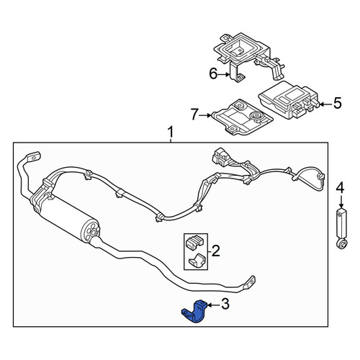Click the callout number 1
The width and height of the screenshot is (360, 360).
point(171,132)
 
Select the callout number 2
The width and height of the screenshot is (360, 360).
point(215,251)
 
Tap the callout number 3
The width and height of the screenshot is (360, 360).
point(225,304)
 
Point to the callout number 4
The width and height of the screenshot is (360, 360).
point(340,188)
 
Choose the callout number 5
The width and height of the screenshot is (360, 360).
point(337,103)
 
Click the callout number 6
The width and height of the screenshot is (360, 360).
point(213,73)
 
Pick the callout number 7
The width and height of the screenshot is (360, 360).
point(194,114)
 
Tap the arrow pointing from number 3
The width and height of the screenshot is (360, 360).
point(214,305)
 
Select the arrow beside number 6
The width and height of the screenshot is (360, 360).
point(224,75)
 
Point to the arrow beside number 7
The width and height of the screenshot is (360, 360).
point(205,115)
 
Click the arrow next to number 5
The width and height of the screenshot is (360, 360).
point(325,104)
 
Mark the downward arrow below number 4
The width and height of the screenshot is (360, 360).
point(341,202)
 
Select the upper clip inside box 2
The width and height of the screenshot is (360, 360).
point(195,242)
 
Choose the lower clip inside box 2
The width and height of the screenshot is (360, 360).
point(197,260)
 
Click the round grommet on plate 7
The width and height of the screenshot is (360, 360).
point(256,116)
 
